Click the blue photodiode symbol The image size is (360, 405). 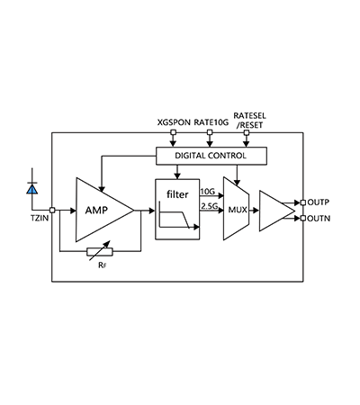[32, 189]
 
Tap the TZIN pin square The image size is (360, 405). [52, 211]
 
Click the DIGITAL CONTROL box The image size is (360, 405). [211, 156]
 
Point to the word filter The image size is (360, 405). [177, 194]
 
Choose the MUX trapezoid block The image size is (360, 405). [236, 209]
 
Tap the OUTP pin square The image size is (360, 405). [303, 202]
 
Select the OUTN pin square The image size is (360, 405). [303, 219]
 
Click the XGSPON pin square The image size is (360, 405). [173, 132]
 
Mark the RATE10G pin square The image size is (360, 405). [210, 132]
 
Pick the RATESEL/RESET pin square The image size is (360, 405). [247, 132]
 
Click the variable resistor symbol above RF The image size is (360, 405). [100, 251]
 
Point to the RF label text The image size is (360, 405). [102, 265]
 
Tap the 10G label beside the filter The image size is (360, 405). [208, 192]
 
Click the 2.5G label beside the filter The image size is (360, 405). [210, 206]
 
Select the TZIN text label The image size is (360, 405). [40, 218]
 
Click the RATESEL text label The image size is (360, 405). [249, 116]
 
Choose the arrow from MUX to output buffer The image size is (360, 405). [254, 211]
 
